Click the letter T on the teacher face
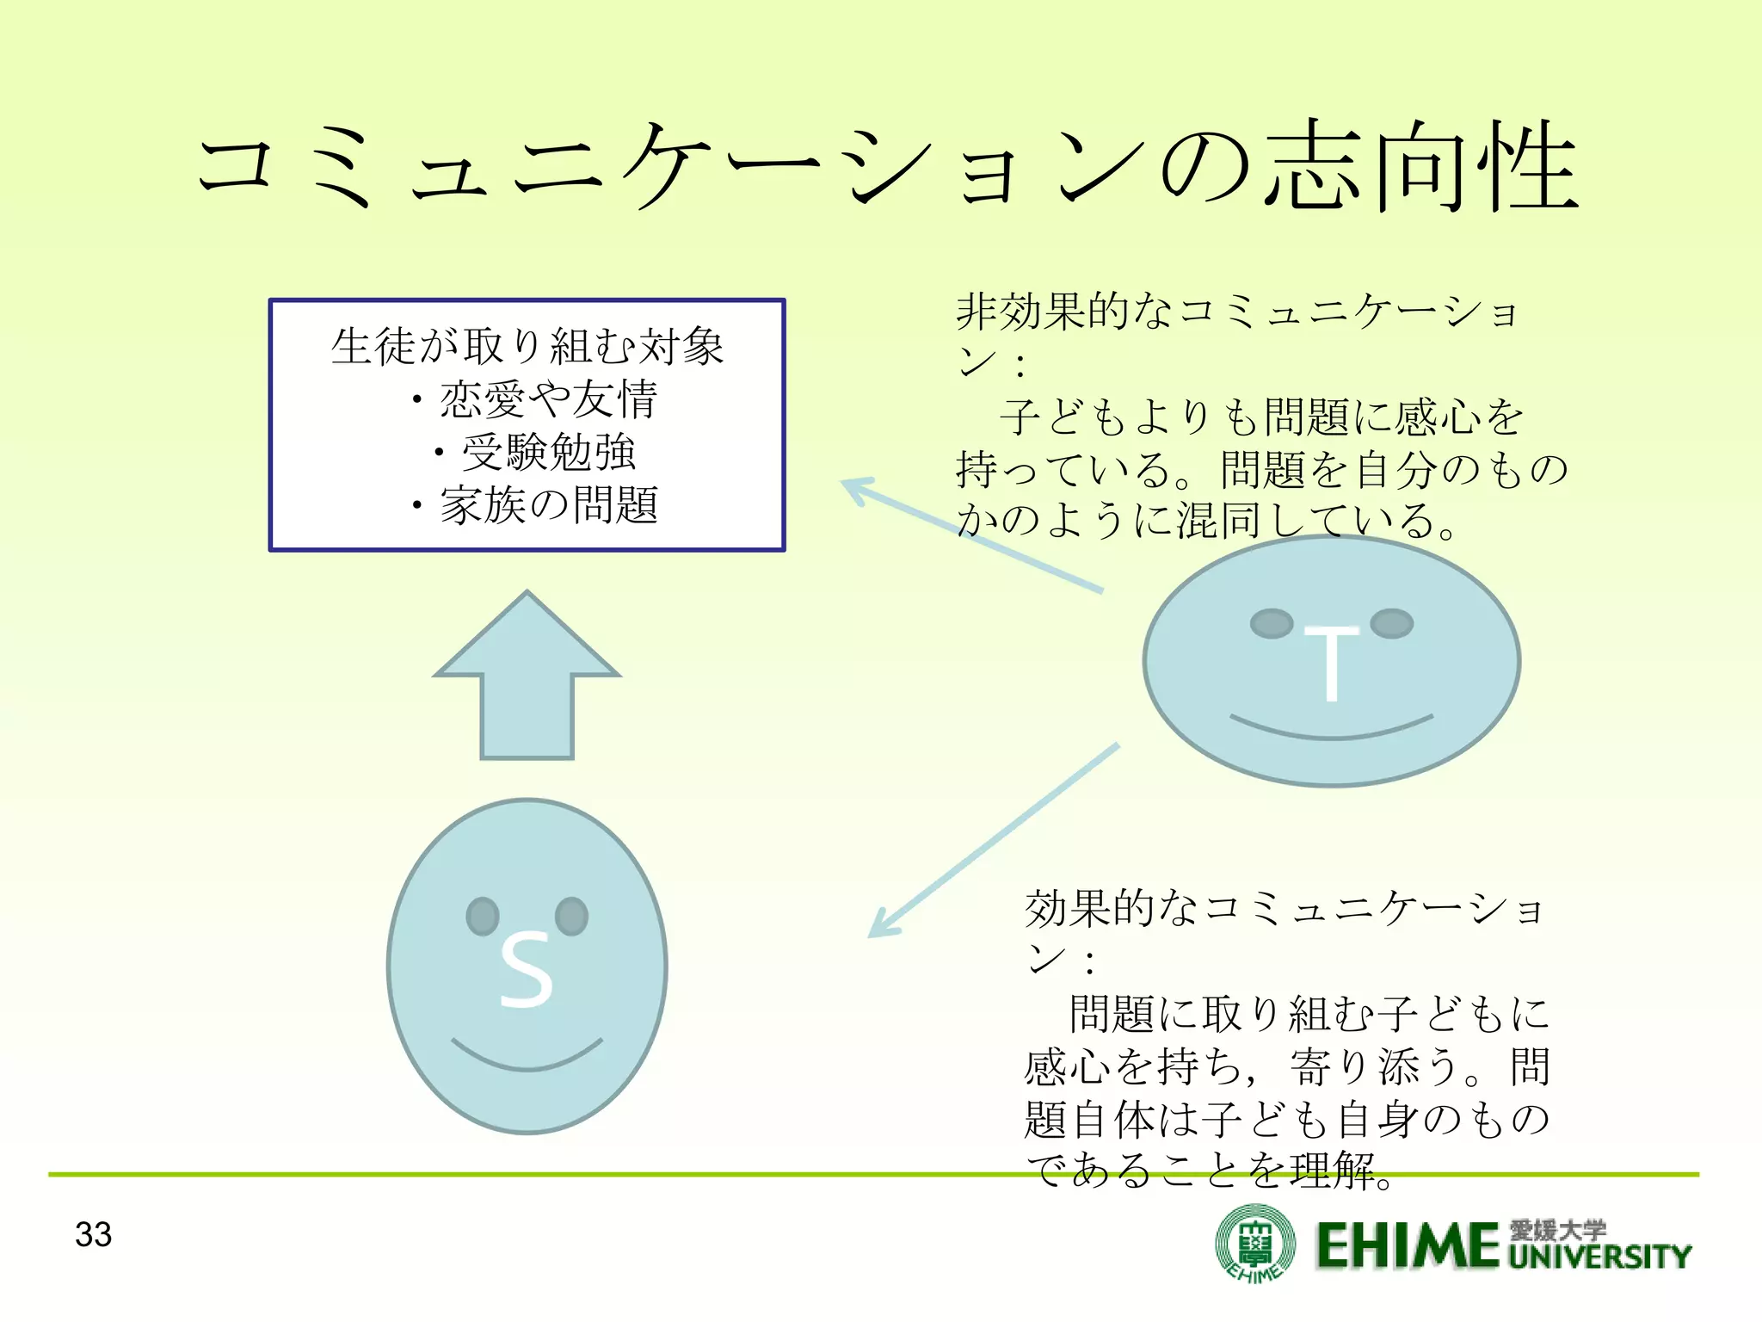(x=1330, y=663)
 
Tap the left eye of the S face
(x=483, y=916)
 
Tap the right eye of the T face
(x=1391, y=623)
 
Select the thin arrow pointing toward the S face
(x=989, y=843)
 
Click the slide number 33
(x=93, y=1234)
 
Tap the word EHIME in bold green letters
(x=1408, y=1246)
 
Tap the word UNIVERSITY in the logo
(x=1599, y=1257)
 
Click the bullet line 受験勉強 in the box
(x=547, y=453)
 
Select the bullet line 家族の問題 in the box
(x=547, y=505)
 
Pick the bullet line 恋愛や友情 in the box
(x=547, y=399)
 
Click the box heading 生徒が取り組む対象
(x=527, y=346)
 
